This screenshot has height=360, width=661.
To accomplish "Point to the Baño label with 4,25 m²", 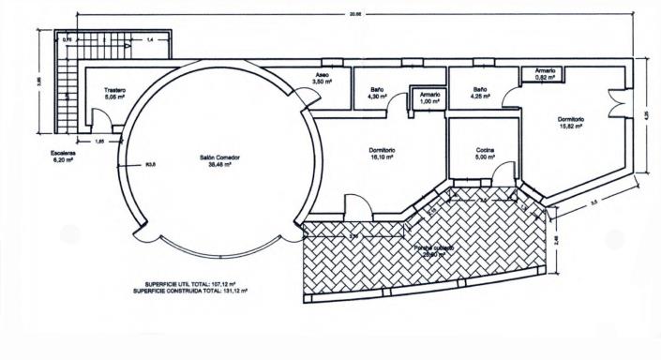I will coord(479,92).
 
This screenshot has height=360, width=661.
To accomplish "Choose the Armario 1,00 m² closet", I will coord(429,97).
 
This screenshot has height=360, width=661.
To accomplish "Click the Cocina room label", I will coord(484,154).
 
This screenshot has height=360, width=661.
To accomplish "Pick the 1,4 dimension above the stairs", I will coord(124,40).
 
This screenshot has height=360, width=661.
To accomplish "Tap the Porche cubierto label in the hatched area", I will coord(436,249).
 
